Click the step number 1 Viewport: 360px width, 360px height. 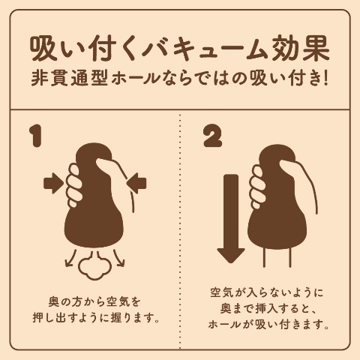(35, 136)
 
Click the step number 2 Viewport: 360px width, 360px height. (212, 136)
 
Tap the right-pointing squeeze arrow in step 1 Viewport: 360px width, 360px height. (53, 184)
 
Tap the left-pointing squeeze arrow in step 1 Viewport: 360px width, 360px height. (136, 184)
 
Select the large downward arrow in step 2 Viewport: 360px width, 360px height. (230, 218)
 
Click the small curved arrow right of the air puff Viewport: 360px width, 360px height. (118, 257)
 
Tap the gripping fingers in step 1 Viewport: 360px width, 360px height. (73, 185)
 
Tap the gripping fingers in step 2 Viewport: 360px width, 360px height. (258, 187)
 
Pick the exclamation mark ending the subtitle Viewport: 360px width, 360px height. (325, 79)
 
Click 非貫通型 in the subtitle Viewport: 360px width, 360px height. (70, 79)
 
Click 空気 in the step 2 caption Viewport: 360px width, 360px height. (220, 292)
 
